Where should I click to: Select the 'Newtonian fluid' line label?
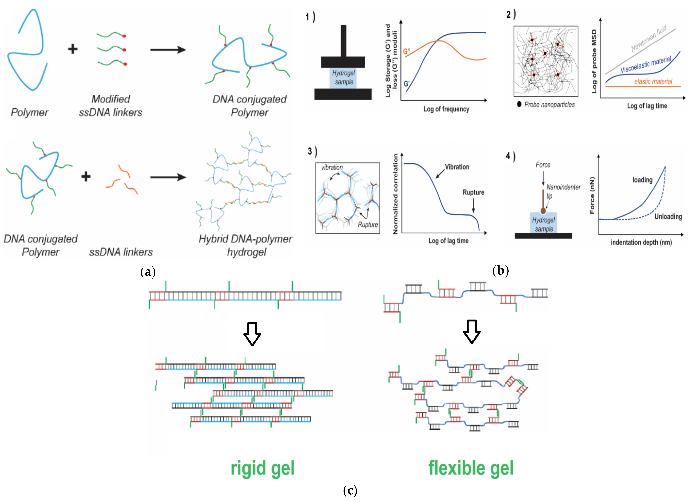click(x=649, y=38)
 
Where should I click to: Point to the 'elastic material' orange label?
click(x=653, y=81)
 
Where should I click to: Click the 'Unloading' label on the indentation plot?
click(x=668, y=217)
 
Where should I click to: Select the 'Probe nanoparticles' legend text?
click(x=549, y=105)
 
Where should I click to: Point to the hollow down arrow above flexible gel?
click(x=472, y=331)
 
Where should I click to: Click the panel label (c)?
click(x=350, y=490)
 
